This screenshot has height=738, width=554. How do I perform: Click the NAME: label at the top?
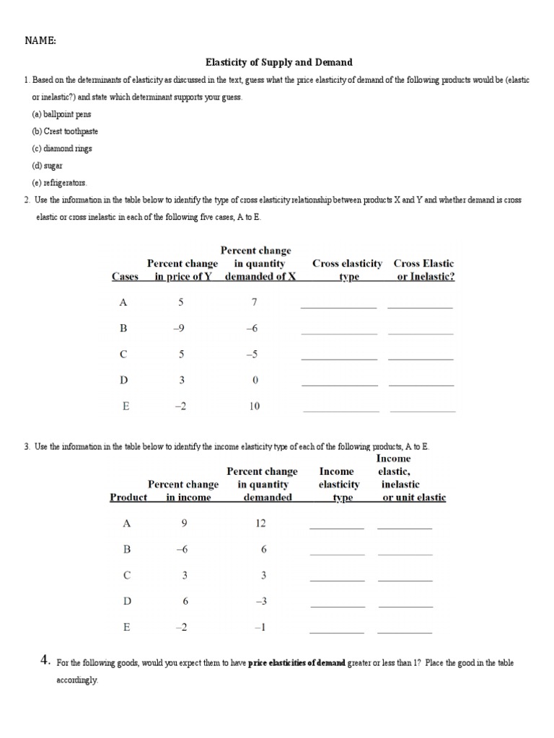pyautogui.click(x=40, y=41)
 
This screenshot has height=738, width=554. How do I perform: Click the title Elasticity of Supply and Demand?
pyautogui.click(x=279, y=63)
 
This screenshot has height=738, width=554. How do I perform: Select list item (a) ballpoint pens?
pyautogui.click(x=61, y=115)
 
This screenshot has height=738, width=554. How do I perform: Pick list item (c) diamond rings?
pyautogui.click(x=61, y=148)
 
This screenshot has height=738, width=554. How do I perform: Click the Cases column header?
pyautogui.click(x=125, y=277)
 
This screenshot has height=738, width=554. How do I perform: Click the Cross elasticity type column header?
pyautogui.click(x=347, y=270)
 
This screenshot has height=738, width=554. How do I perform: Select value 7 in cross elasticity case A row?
pyautogui.click(x=254, y=302)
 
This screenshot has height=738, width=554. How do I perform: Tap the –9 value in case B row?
pyautogui.click(x=180, y=328)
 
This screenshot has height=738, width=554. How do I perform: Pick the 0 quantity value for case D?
pyautogui.click(x=255, y=380)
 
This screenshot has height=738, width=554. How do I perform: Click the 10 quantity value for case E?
pyautogui.click(x=254, y=406)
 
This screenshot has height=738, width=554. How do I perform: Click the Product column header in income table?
pyautogui.click(x=128, y=497)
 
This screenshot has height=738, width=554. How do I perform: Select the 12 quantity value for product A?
pyautogui.click(x=261, y=523)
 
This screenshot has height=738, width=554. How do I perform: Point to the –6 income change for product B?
pyautogui.click(x=182, y=549)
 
